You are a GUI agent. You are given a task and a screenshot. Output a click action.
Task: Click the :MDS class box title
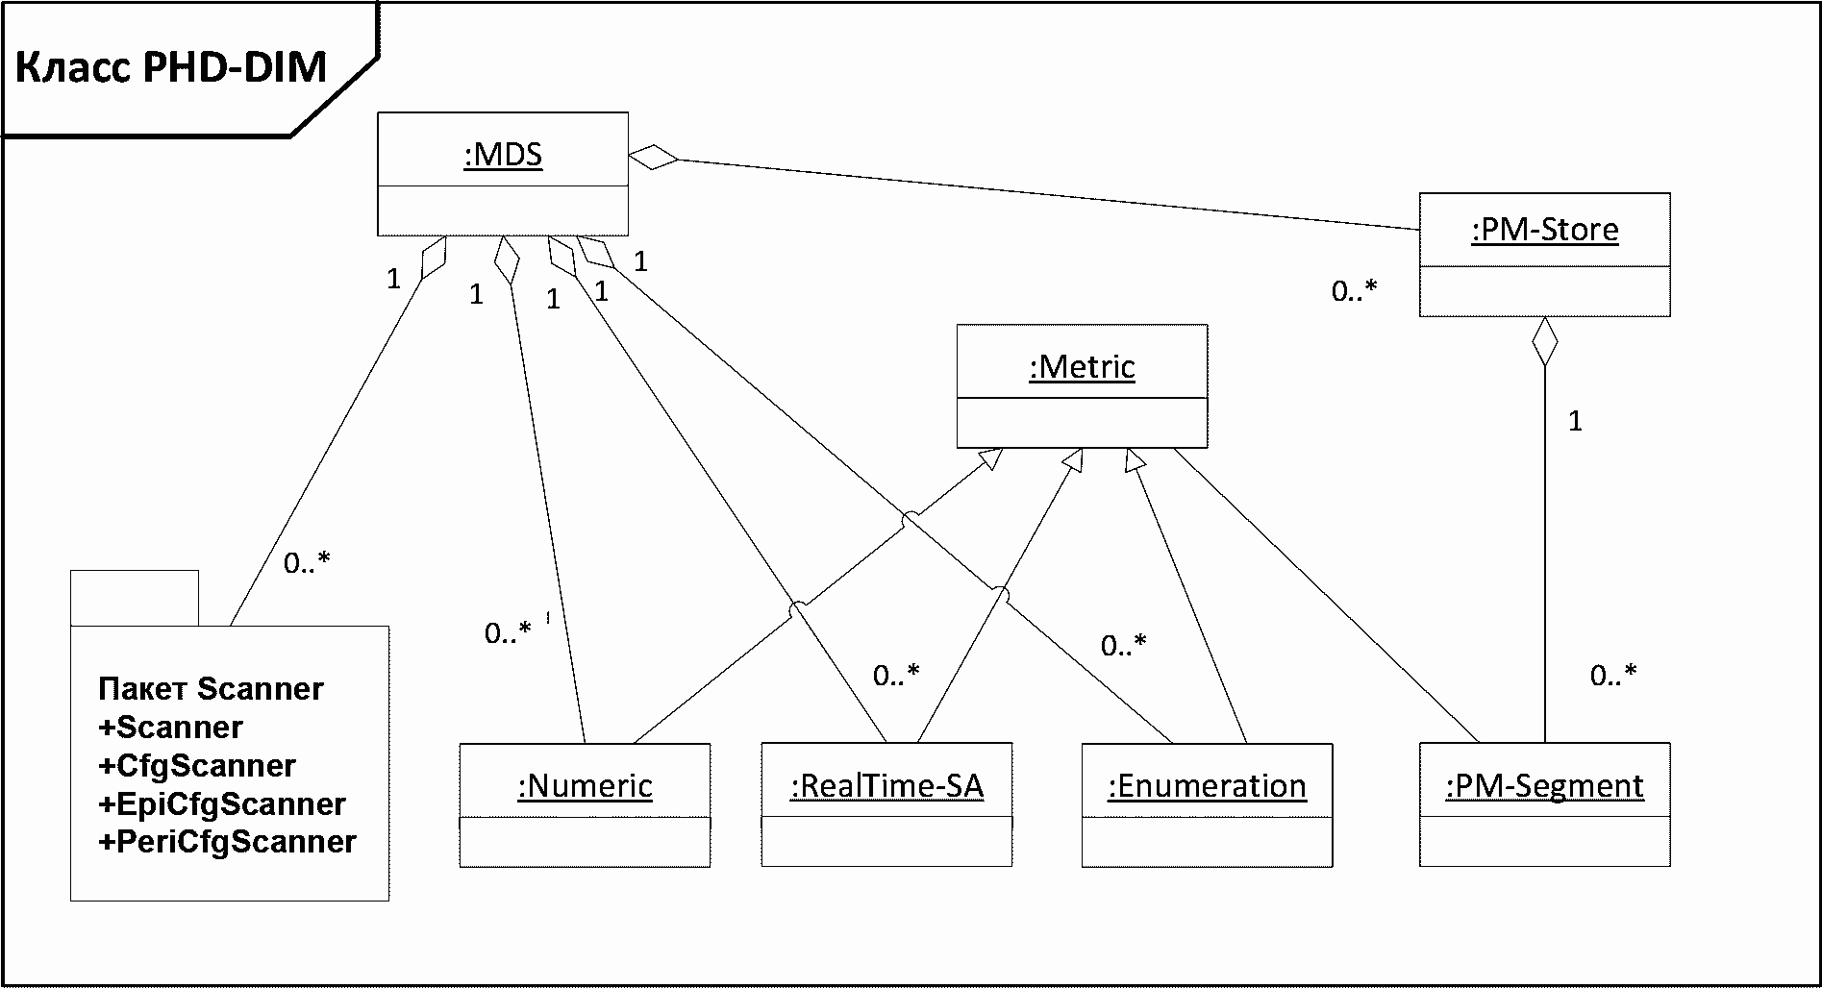click(503, 154)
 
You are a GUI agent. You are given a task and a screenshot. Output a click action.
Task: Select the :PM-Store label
click(1545, 230)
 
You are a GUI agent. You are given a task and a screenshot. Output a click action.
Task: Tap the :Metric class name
click(1082, 366)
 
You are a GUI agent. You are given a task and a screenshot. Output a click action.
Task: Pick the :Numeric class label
click(585, 786)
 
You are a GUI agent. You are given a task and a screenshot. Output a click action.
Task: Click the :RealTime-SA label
click(886, 786)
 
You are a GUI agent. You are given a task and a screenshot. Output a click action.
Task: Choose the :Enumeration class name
click(1207, 786)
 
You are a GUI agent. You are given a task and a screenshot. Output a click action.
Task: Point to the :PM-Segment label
click(1544, 786)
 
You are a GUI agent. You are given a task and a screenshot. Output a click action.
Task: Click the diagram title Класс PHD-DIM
click(172, 67)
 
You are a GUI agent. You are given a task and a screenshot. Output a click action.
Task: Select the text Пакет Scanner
click(211, 688)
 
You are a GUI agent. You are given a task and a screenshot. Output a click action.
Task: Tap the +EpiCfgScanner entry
click(221, 803)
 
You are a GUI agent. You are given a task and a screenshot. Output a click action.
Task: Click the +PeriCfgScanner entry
click(227, 842)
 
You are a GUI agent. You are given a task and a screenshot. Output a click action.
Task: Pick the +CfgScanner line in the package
click(196, 765)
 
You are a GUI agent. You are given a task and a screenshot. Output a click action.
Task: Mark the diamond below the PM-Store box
click(1544, 341)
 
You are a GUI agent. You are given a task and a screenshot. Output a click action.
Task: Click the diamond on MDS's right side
click(654, 157)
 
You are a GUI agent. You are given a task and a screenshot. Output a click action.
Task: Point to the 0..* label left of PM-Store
click(1355, 290)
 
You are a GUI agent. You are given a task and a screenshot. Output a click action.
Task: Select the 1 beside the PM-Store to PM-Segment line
click(1575, 421)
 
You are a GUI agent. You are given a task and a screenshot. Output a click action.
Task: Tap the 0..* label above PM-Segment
click(1613, 676)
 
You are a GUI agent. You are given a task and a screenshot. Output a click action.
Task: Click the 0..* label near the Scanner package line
click(307, 563)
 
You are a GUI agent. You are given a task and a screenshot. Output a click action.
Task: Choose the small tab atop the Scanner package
click(135, 598)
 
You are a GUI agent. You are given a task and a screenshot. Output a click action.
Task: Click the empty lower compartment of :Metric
click(1082, 423)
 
